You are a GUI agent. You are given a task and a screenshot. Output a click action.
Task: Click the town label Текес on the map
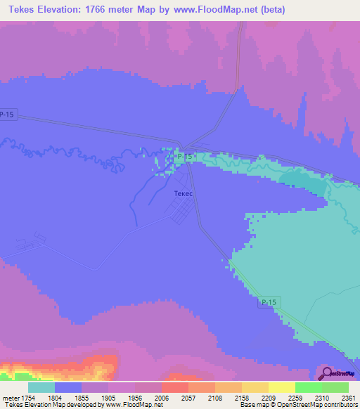pyautogui.click(x=182, y=193)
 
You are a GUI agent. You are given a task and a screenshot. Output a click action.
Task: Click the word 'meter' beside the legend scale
pyautogui.click(x=9, y=397)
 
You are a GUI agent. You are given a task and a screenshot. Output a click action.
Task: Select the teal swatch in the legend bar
pyautogui.click(x=41, y=387)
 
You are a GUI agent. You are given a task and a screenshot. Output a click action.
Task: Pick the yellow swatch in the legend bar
pyautogui.click(x=282, y=387)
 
